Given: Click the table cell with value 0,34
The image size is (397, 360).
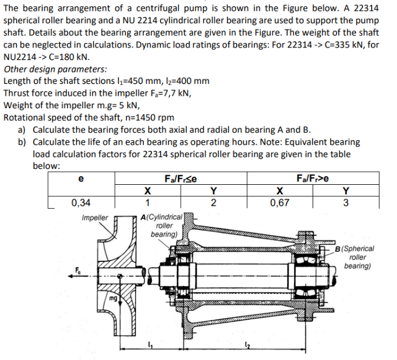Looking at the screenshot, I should tap(82, 202).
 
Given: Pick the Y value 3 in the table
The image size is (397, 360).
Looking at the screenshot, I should tap(346, 202).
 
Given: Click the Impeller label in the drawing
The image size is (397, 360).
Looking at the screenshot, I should tap(95, 218).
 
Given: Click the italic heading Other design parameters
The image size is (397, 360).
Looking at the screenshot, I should tap(55, 69).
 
